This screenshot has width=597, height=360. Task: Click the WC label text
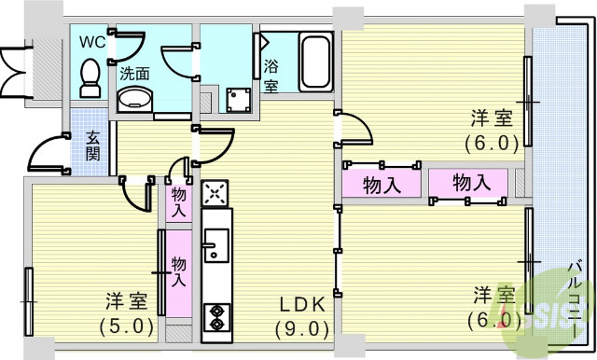(x=92, y=42)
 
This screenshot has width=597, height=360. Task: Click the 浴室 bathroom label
(x=271, y=76)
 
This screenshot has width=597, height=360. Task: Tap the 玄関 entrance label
(x=94, y=145)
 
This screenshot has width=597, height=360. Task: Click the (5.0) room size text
(x=125, y=326)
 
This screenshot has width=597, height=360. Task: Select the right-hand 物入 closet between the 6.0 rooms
(x=471, y=183)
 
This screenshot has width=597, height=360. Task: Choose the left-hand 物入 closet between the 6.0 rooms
(x=382, y=184)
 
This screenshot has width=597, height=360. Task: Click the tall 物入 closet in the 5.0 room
(x=178, y=271)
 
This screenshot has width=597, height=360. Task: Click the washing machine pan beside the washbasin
(x=236, y=98)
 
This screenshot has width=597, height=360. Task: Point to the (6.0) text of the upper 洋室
(x=492, y=143)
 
